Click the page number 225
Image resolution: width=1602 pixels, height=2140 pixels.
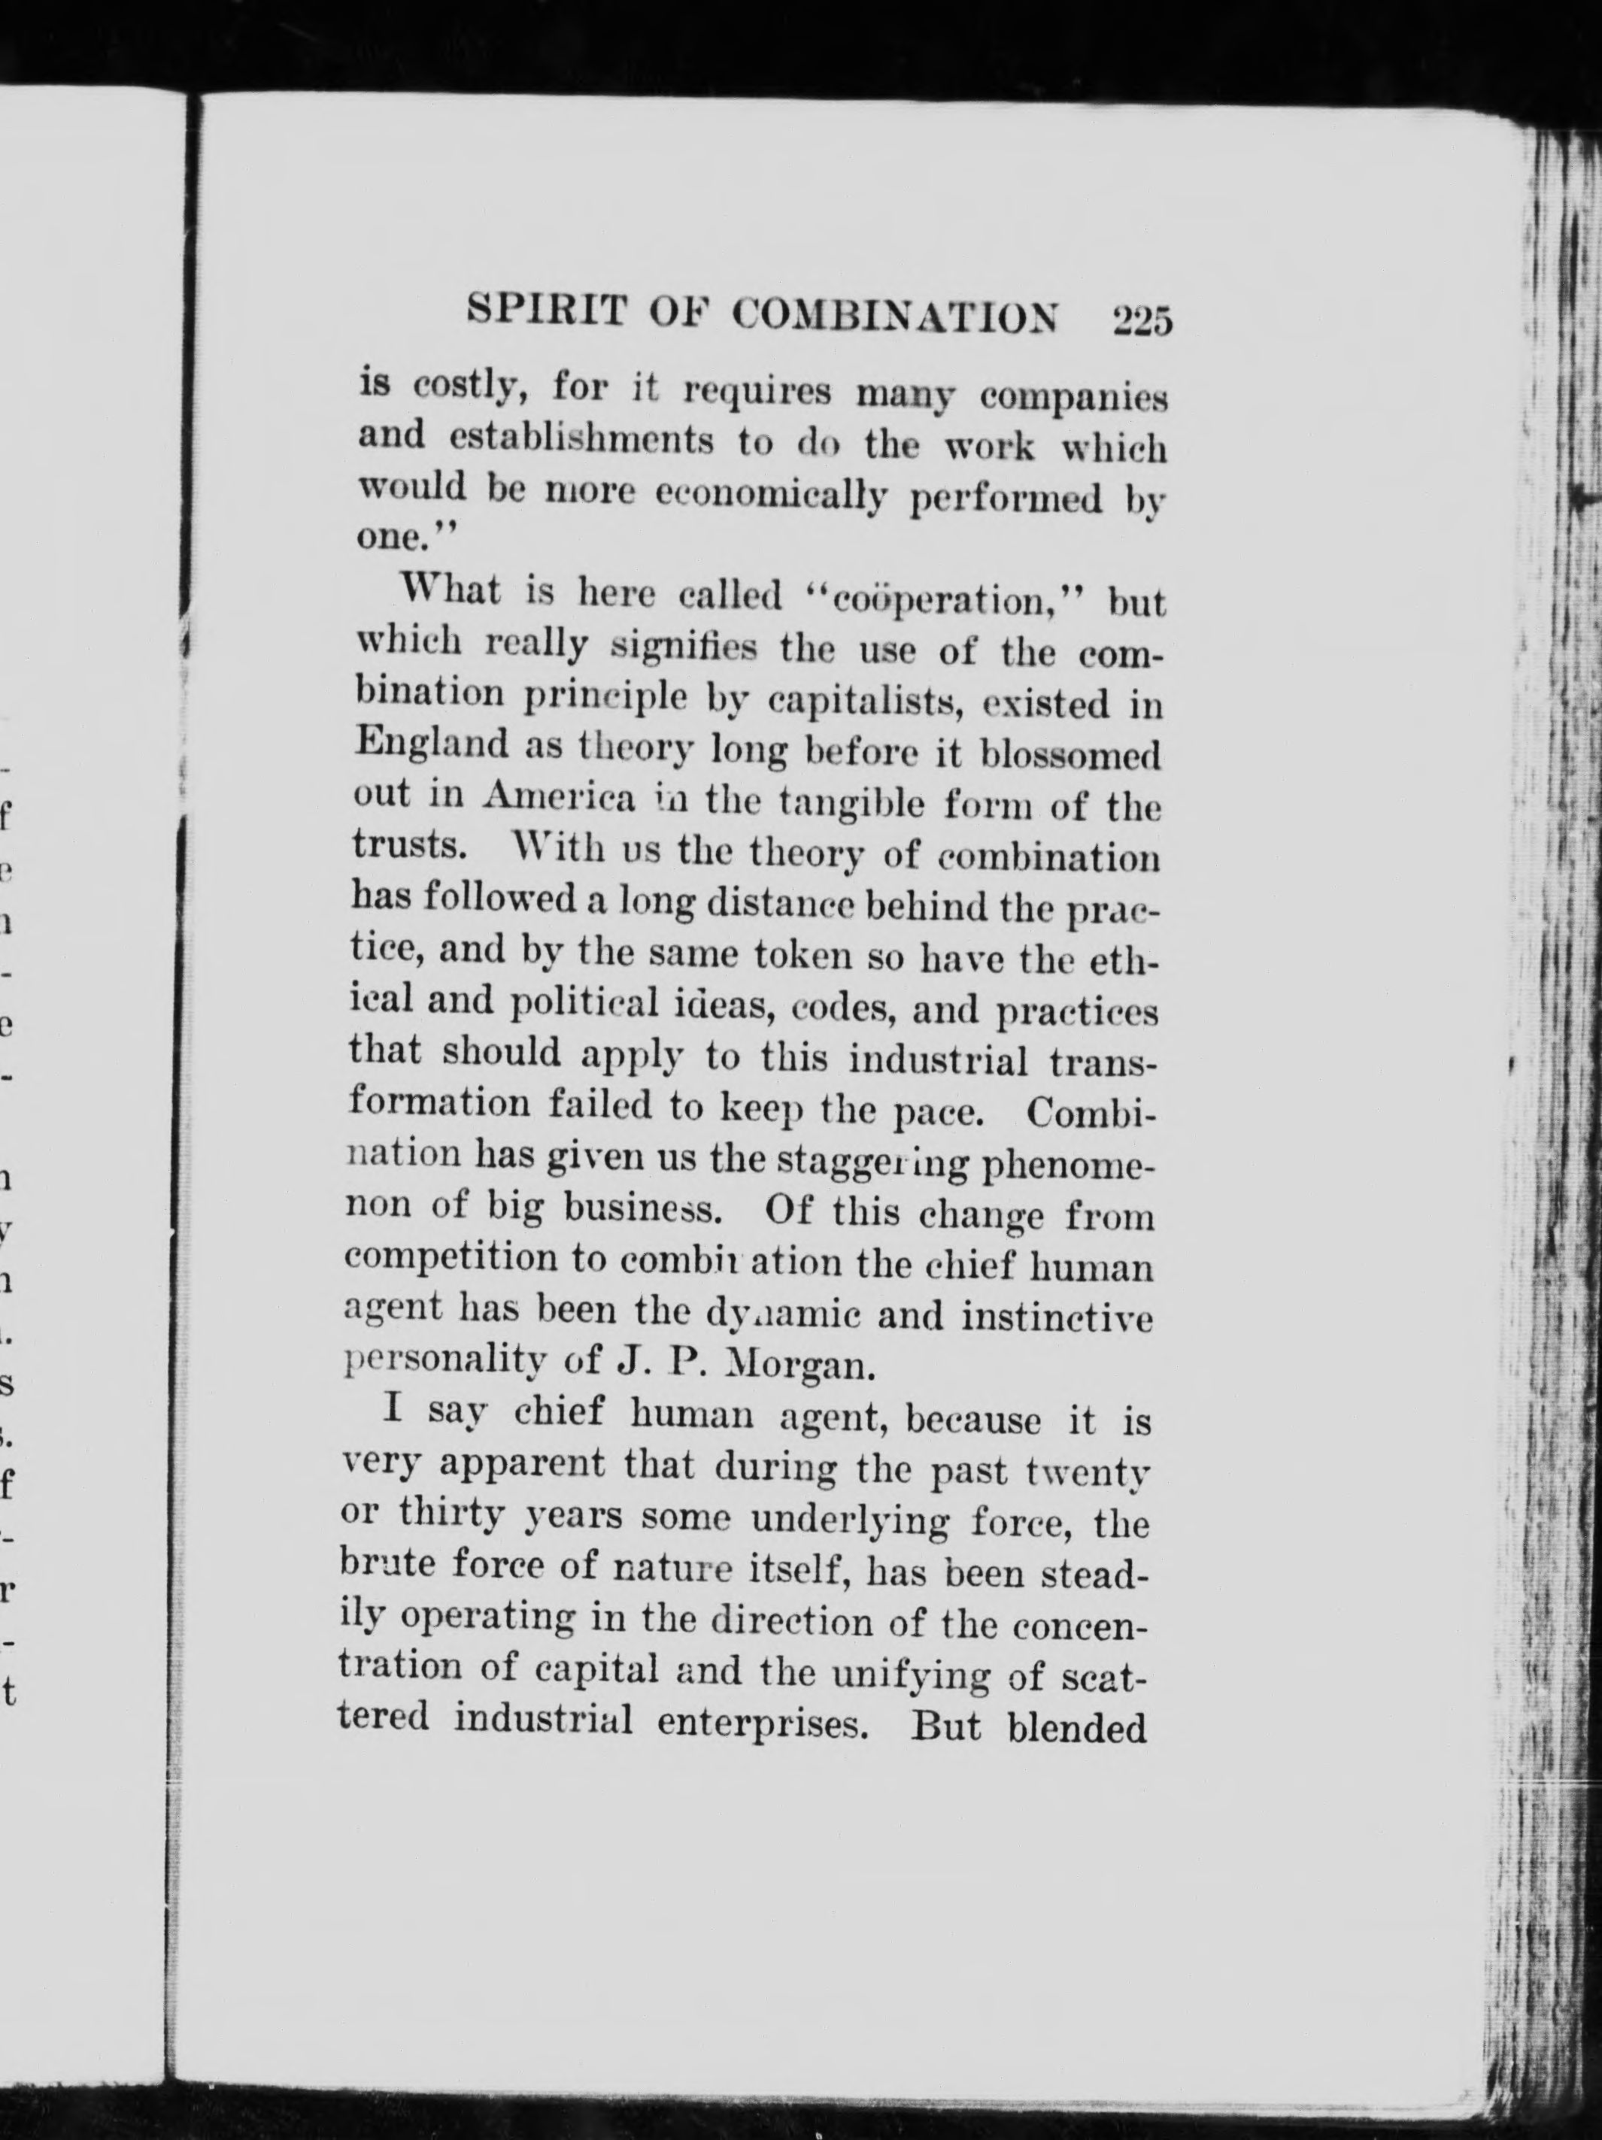pyautogui.click(x=1142, y=320)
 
